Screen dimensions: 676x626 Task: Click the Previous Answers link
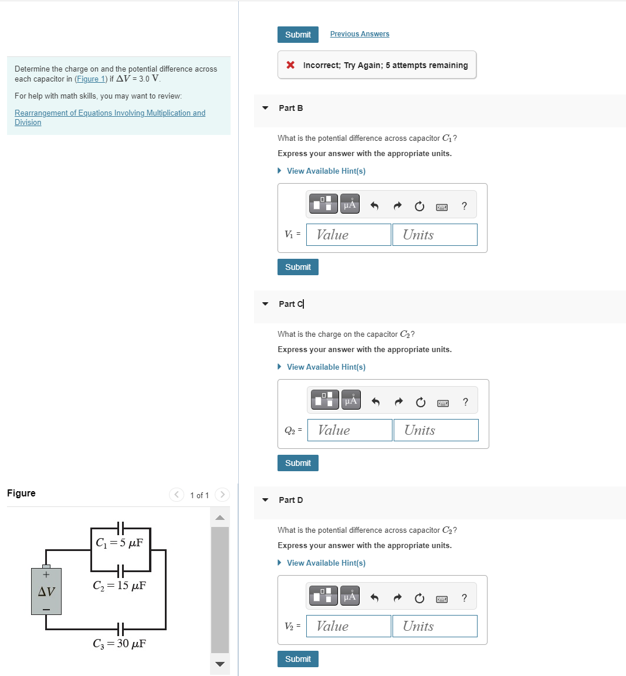pos(359,34)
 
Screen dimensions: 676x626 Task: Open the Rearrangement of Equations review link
pos(110,113)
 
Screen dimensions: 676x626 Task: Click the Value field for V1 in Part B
pos(348,235)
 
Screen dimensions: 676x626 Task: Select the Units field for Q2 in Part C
pos(436,430)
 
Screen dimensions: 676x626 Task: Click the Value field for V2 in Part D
pos(348,626)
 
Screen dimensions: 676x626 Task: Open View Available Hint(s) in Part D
pos(326,563)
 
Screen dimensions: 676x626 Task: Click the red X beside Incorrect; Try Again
pos(290,65)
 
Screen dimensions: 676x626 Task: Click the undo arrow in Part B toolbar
pos(374,206)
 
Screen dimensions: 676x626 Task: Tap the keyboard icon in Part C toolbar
pos(443,403)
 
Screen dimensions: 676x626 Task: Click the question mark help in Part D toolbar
pos(464,598)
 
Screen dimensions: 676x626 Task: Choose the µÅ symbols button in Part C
pos(351,400)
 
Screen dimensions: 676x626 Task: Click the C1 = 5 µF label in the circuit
pos(120,543)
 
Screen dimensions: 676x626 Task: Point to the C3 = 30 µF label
pos(120,644)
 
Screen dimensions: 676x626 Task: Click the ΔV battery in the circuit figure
pos(46,591)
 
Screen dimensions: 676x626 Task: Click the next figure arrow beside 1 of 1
pos(222,495)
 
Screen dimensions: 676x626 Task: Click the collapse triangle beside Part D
pos(265,500)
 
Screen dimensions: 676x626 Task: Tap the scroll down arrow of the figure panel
pos(220,664)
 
